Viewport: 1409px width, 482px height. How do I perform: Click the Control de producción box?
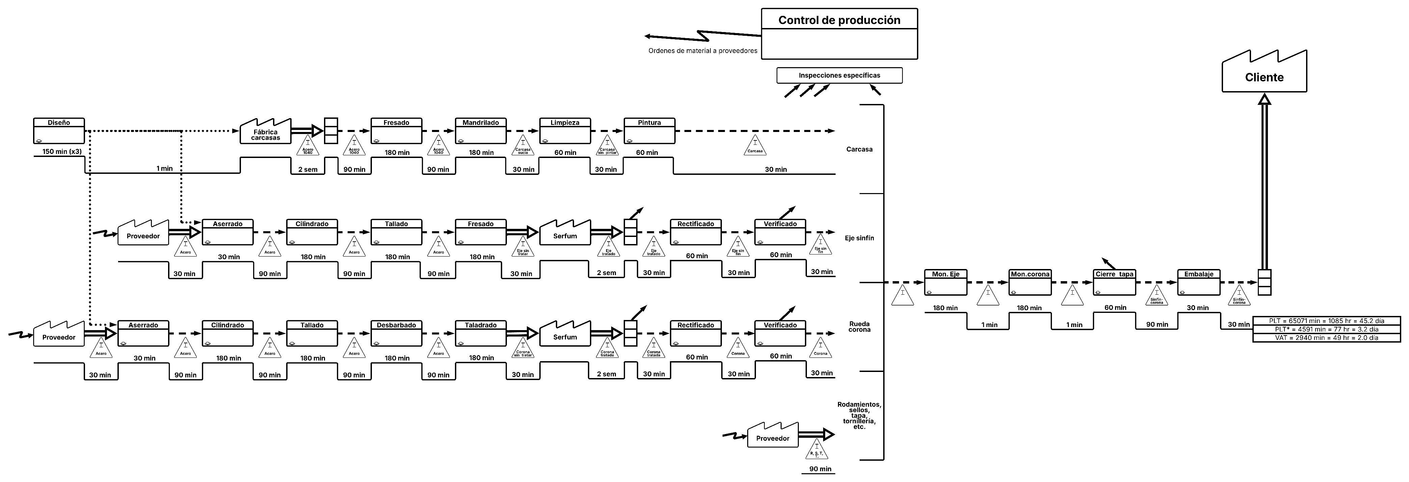click(839, 33)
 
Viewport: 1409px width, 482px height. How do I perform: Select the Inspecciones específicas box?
click(839, 76)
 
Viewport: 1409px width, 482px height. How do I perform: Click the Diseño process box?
click(58, 131)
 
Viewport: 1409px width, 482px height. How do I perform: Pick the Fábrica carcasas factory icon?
click(266, 132)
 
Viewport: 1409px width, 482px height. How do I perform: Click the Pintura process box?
click(649, 131)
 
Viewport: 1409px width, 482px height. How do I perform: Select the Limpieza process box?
click(565, 131)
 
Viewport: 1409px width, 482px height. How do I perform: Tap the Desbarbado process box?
click(396, 333)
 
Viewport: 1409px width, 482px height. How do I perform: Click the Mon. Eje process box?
click(945, 282)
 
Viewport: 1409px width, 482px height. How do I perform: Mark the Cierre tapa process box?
click(1114, 282)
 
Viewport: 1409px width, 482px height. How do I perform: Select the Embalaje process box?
click(1198, 282)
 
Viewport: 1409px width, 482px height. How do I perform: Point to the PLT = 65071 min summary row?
click(1326, 321)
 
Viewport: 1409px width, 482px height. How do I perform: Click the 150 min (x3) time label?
click(62, 152)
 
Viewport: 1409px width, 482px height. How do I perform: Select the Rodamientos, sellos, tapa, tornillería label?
click(859, 416)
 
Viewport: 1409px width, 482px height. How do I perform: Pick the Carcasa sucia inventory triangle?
click(523, 145)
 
